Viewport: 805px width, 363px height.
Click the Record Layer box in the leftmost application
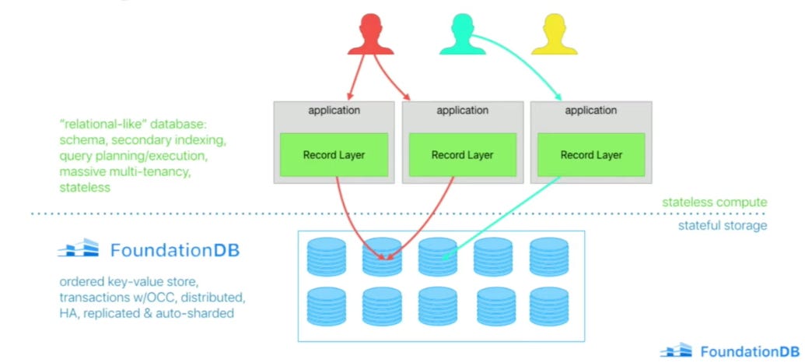(334, 155)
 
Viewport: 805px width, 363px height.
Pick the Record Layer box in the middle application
(463, 155)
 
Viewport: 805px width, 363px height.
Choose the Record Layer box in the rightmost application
(591, 155)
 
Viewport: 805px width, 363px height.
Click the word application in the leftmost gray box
(334, 111)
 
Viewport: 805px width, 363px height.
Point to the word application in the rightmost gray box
(591, 111)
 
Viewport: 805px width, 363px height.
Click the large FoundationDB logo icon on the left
(79, 250)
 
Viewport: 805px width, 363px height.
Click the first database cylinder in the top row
(327, 256)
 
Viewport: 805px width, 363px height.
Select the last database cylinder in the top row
(549, 256)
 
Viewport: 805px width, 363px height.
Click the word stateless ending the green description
(82, 188)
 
